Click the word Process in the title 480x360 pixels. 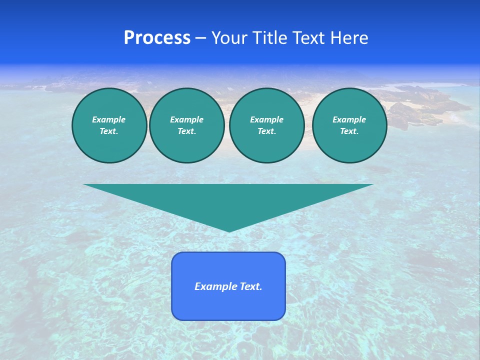pyautogui.click(x=157, y=38)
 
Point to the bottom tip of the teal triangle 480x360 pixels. pyautogui.click(x=229, y=231)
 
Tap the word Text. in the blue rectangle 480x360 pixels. pyautogui.click(x=251, y=286)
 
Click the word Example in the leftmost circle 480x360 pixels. pyautogui.click(x=109, y=119)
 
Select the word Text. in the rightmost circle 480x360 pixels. pyautogui.click(x=349, y=131)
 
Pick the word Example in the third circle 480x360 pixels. pyautogui.click(x=267, y=119)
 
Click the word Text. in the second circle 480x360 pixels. pyautogui.click(x=187, y=131)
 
